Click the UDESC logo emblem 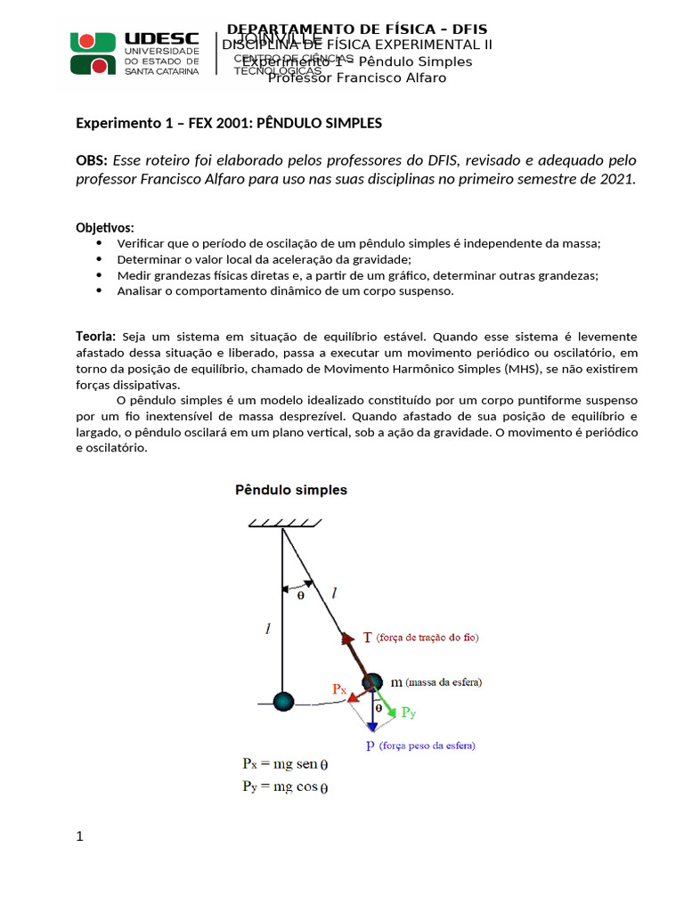(x=94, y=53)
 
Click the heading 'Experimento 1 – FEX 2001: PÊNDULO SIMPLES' (x=229, y=123)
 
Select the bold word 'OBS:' (x=92, y=160)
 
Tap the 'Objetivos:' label (x=105, y=228)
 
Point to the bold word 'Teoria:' (x=95, y=336)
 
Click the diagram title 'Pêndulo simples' (x=290, y=490)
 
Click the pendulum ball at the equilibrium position (x=282, y=702)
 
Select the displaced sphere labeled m (x=372, y=684)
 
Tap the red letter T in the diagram (x=368, y=638)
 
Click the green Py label (x=408, y=712)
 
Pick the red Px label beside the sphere (x=339, y=688)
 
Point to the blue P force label (x=370, y=745)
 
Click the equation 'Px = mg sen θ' (x=285, y=764)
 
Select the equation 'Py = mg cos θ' (x=285, y=786)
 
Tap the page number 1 (x=80, y=836)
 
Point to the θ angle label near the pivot (x=300, y=596)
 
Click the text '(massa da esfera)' (x=444, y=682)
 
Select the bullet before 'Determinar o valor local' (x=98, y=259)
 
